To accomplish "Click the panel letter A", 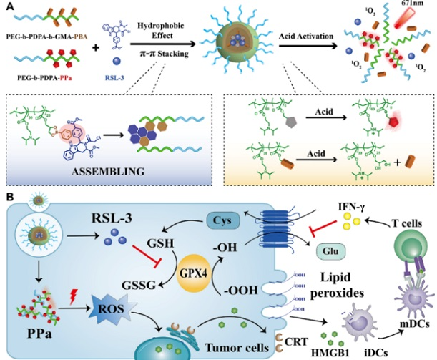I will point(7,6).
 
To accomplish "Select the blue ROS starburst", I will point(106,311).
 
